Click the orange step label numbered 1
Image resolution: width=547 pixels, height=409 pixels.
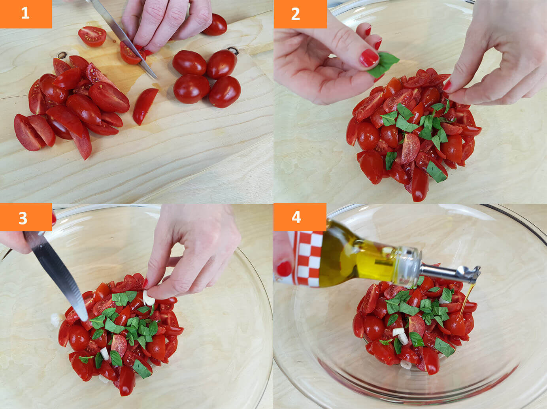tap(26, 14)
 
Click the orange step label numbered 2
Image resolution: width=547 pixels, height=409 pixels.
tap(300, 14)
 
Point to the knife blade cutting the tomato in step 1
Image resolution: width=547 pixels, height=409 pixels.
tap(124, 40)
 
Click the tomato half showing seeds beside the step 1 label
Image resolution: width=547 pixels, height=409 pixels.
tap(92, 36)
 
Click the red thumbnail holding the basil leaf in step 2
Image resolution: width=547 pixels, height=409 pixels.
tap(369, 58)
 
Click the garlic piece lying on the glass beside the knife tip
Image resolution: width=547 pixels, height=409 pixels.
tap(55, 320)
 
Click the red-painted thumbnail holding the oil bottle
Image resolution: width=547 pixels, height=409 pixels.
tap(284, 269)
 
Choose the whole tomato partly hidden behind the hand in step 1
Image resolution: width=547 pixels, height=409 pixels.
tap(216, 25)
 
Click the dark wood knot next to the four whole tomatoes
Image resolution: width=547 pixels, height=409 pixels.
tap(234, 50)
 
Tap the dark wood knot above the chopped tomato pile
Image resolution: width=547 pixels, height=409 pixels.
tap(62, 55)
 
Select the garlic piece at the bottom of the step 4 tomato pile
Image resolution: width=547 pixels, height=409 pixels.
tap(406, 365)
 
